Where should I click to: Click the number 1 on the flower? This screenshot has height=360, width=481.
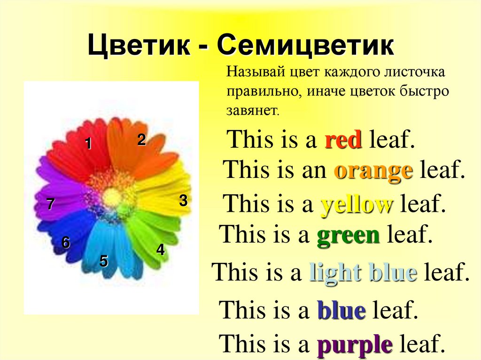(x=88, y=145)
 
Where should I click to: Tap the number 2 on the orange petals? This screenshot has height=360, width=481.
(x=141, y=140)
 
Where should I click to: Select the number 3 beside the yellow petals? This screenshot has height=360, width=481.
(x=183, y=201)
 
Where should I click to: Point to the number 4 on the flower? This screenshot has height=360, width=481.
(x=161, y=250)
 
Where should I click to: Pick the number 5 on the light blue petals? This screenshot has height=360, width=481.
(x=104, y=261)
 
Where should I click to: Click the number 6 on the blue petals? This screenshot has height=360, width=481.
(x=66, y=243)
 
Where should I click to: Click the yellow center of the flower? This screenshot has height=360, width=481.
(x=112, y=198)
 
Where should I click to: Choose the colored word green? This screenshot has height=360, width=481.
(x=348, y=234)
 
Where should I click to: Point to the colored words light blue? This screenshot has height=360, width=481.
(x=363, y=273)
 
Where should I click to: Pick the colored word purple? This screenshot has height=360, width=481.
(x=355, y=345)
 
